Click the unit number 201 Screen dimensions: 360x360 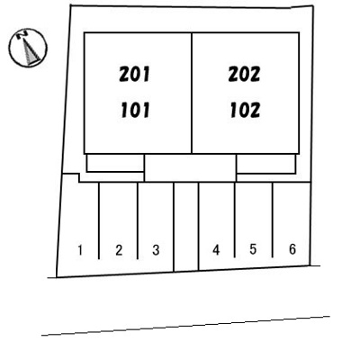(134, 75)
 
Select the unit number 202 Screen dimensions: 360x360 (244, 75)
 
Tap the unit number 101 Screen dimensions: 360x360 (135, 110)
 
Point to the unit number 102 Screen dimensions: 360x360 (245, 110)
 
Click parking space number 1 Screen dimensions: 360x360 (80, 250)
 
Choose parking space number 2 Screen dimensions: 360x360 (119, 250)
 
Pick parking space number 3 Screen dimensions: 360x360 (156, 250)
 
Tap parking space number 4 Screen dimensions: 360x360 (216, 249)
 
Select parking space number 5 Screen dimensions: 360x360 (253, 249)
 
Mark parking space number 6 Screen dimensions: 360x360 (292, 249)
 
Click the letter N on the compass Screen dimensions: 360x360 (22, 35)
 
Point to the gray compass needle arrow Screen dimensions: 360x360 (31, 51)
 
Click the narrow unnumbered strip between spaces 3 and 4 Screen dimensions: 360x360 (186, 227)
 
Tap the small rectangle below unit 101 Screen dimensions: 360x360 (114, 163)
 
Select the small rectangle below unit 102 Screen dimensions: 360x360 (266, 164)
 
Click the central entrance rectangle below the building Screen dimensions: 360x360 (190, 167)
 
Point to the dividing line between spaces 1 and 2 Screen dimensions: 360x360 (99, 220)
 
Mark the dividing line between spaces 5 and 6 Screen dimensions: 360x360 (273, 220)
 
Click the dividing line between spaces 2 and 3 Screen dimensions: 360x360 (138, 220)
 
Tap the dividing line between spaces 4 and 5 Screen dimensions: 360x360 (235, 220)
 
